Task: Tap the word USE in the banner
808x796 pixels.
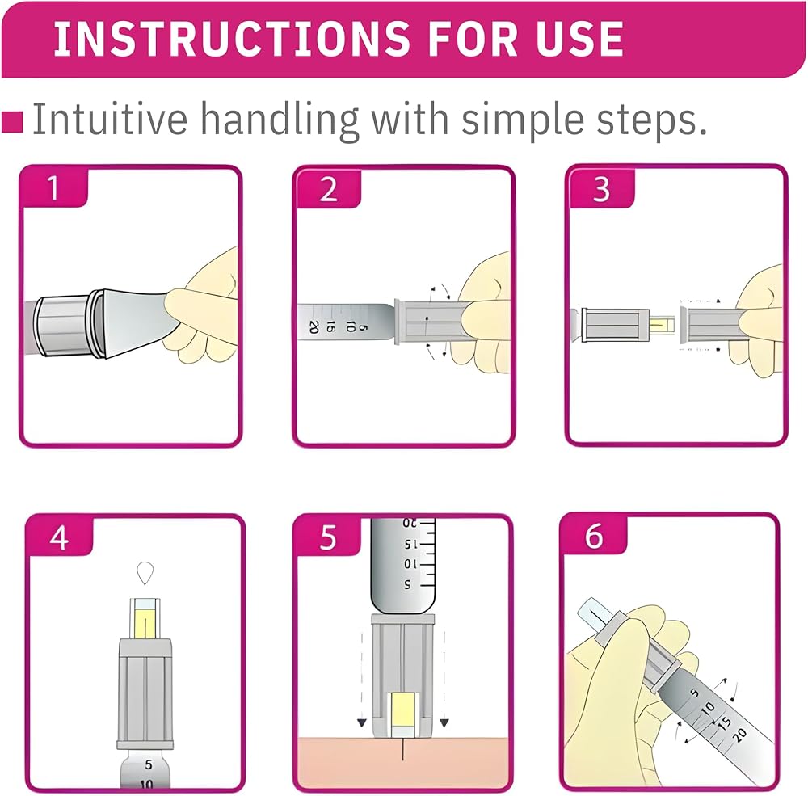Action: (x=579, y=39)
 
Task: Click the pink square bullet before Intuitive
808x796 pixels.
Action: (x=12, y=122)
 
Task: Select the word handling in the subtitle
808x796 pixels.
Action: (x=280, y=120)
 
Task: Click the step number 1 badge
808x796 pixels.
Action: (x=53, y=187)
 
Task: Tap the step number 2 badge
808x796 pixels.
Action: (x=328, y=188)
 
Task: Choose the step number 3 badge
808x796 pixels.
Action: (x=601, y=188)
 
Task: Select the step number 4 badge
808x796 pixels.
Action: (x=60, y=537)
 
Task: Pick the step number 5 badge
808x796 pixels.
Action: (x=328, y=537)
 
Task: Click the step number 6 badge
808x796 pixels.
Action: (x=594, y=536)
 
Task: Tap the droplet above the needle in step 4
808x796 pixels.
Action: (x=145, y=573)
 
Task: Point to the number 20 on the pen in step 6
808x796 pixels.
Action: (x=739, y=734)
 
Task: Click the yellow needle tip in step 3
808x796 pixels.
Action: (x=662, y=325)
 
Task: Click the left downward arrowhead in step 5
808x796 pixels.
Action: (x=362, y=722)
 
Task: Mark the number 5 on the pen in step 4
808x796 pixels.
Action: (x=149, y=764)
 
